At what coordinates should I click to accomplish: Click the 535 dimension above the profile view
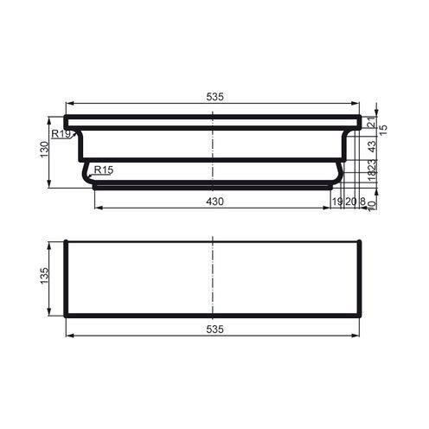coord(214,98)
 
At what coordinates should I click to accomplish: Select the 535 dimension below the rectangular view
coord(214,330)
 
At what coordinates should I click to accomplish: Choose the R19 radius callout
coord(61,134)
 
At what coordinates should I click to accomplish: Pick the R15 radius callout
coord(103,170)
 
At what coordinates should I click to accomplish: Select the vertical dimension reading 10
coord(371,206)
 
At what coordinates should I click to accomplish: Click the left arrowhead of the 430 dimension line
coord(95,208)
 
